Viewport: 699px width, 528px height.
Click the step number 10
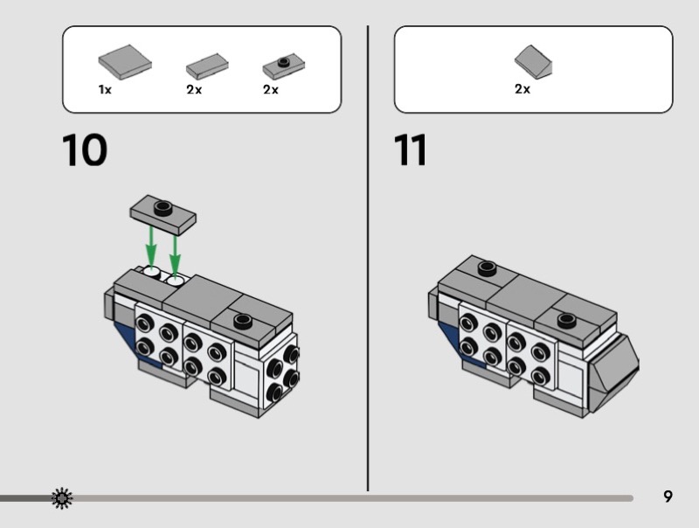coord(85,149)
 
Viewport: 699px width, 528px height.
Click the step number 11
coord(411,149)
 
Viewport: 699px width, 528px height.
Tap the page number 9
coord(668,497)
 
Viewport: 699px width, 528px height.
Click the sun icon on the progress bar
coord(62,498)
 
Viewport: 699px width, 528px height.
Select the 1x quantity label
coord(105,90)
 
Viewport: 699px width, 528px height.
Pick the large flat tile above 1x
coord(124,62)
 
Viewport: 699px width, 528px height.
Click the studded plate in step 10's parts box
coord(283,66)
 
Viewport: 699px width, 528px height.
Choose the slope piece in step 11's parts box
coord(534,62)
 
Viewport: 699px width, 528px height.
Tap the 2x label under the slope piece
coord(523,90)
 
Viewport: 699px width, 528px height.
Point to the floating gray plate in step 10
coord(163,212)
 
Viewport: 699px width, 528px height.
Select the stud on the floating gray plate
coord(162,206)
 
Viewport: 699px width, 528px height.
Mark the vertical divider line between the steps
coord(368,262)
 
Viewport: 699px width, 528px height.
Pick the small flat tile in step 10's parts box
coord(207,66)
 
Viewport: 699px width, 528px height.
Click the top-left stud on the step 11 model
coord(487,267)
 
